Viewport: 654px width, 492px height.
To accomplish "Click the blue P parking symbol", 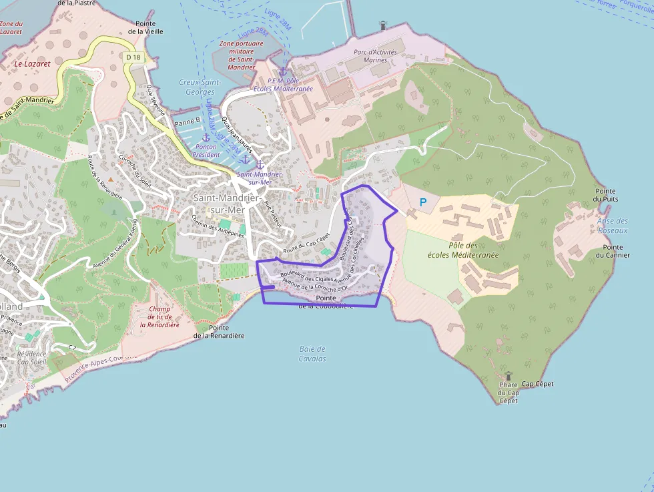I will (x=422, y=202).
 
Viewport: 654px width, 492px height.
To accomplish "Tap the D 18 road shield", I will (x=133, y=57).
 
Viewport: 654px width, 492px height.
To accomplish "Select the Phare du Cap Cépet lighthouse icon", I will (x=508, y=377).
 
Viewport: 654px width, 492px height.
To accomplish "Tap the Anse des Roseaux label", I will (x=613, y=226).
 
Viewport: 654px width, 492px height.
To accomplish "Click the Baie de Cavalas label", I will (x=312, y=354).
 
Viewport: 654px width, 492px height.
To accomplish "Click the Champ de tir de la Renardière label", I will (x=159, y=316).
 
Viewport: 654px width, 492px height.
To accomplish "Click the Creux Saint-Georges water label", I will (x=200, y=87).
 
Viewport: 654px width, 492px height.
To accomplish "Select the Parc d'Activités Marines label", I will (x=375, y=56).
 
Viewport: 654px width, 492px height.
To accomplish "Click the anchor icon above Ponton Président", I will (x=206, y=138).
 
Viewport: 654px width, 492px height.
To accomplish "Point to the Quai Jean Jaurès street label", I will (x=238, y=134).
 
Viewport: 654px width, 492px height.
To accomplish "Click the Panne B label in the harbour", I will (x=187, y=121).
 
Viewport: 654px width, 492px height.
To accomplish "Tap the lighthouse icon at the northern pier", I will (x=383, y=25).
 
